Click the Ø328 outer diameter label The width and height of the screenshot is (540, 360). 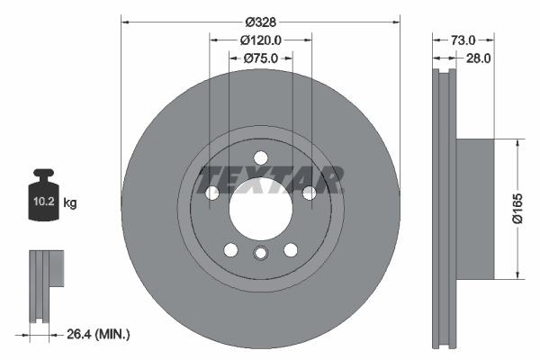coord(261,21)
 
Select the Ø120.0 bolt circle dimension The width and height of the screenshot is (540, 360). coord(261,39)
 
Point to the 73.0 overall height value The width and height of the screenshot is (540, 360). coord(462,40)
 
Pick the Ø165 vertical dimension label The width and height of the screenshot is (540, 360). coord(517,209)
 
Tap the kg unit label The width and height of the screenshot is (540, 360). coord(70,203)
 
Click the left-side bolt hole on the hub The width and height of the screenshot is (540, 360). coord(212,193)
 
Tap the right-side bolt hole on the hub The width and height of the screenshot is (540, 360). coord(309,192)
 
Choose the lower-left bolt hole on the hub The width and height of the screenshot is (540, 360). coord(230,249)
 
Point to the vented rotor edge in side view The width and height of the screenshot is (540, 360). coord(445,209)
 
